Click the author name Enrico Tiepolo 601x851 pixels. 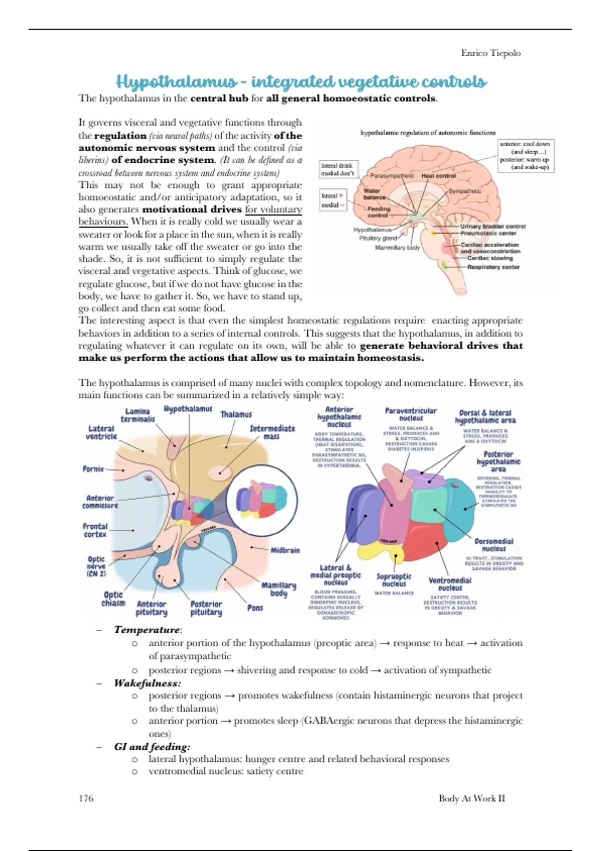coord(490,53)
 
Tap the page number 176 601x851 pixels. coord(86,798)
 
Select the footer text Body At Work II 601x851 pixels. coord(471,798)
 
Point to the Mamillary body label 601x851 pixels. coord(279,589)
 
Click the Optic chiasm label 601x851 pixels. coord(113,598)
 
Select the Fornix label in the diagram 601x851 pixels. coord(93,469)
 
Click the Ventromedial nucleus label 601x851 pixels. coord(450,584)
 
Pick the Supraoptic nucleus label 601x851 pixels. coord(394,580)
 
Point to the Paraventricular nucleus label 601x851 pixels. coord(411,414)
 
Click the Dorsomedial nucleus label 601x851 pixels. coord(494,545)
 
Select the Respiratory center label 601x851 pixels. coord(493,267)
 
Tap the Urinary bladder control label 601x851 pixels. coord(493,226)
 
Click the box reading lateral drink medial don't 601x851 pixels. coord(337,169)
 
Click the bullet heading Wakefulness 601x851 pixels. coord(147,683)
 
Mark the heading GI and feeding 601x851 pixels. coord(152,746)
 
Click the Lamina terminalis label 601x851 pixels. coord(137,415)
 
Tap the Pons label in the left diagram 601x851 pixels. coord(255,607)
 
